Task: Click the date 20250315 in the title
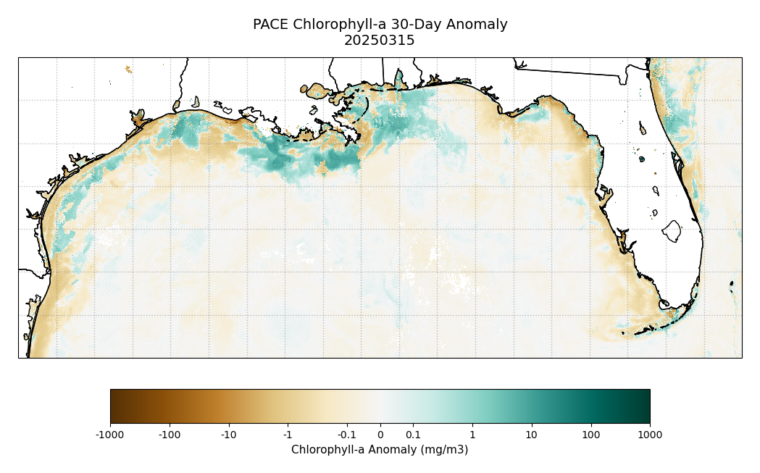pyautogui.click(x=380, y=41)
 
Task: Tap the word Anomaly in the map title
pyautogui.click(x=477, y=25)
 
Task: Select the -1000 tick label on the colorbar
pyautogui.click(x=110, y=435)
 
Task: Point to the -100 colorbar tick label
pyautogui.click(x=169, y=435)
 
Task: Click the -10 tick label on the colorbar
pyautogui.click(x=228, y=435)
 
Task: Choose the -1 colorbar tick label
pyautogui.click(x=288, y=435)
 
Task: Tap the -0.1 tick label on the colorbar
pyautogui.click(x=346, y=435)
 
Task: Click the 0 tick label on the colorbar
pyautogui.click(x=380, y=435)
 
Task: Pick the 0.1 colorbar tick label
pyautogui.click(x=413, y=435)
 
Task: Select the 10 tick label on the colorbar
pyautogui.click(x=531, y=435)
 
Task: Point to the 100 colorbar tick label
pyautogui.click(x=590, y=435)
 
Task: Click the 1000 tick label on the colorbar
pyautogui.click(x=650, y=435)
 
